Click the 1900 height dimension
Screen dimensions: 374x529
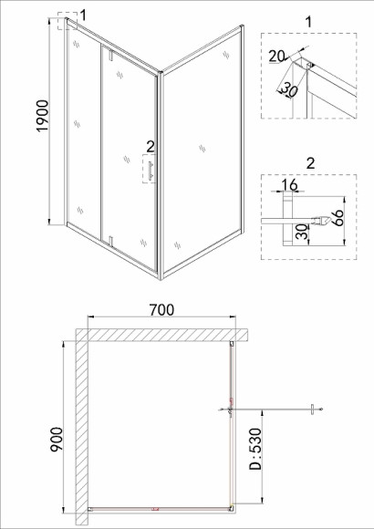[x=43, y=116]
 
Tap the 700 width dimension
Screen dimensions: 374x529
[x=162, y=310]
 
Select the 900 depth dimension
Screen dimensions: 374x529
[x=56, y=439]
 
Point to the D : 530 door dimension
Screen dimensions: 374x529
[x=255, y=449]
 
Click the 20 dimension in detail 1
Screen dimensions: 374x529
[x=276, y=57]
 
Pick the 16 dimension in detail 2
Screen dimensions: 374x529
[x=289, y=185]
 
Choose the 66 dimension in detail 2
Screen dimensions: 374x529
[x=338, y=218]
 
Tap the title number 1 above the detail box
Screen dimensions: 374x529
[x=308, y=22]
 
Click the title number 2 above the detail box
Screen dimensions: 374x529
[x=310, y=163]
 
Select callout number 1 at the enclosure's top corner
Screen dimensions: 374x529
[x=83, y=16]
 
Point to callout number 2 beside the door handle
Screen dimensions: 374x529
[x=151, y=147]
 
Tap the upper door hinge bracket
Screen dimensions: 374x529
[x=110, y=55]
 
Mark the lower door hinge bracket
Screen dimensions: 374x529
[x=110, y=241]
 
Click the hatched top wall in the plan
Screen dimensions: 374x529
[x=161, y=335]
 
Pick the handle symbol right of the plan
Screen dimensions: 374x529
[x=313, y=410]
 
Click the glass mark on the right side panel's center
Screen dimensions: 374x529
[x=203, y=149]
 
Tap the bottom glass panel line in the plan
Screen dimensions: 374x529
[x=160, y=508]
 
